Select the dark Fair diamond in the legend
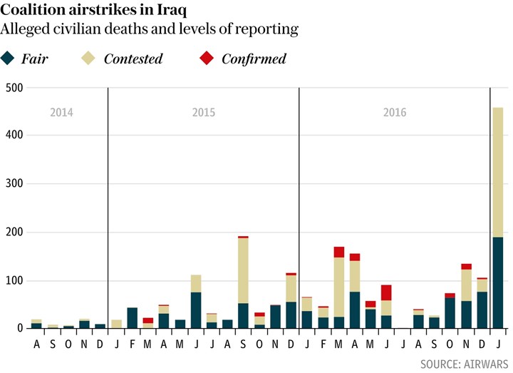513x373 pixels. point(9,58)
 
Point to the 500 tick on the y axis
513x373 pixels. point(14,88)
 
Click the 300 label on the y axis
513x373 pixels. point(14,184)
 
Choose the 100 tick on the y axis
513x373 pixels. point(14,280)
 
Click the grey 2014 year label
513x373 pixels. point(61,113)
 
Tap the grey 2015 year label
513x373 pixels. point(204,113)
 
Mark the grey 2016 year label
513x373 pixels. point(395,113)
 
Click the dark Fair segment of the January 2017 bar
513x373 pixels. point(498,282)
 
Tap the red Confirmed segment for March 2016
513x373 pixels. point(339,252)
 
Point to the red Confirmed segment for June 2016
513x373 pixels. point(387,292)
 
